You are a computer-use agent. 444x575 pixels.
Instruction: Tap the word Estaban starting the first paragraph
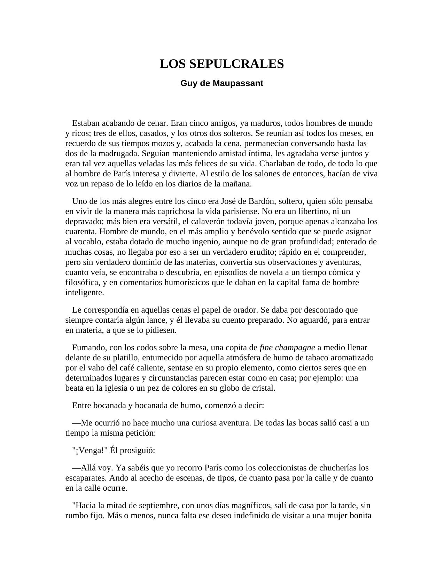pyautogui.click(x=86, y=123)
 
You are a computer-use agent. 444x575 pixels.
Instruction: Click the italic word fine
pyautogui.click(x=266, y=348)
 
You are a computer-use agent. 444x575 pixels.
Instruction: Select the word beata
pyautogui.click(x=74, y=388)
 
